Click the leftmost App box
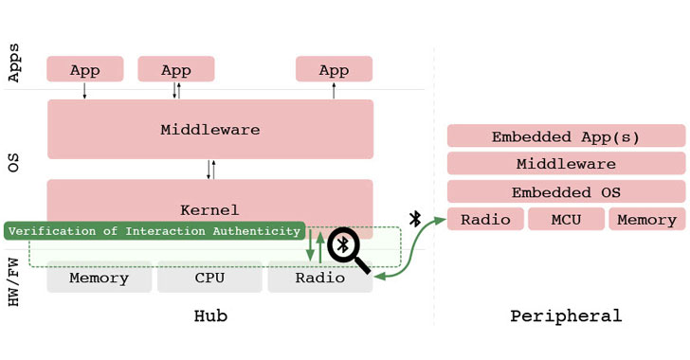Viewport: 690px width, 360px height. [x=84, y=69]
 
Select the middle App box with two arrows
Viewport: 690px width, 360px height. [x=175, y=69]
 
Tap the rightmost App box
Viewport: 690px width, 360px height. [x=334, y=69]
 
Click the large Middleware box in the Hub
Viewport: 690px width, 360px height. [x=209, y=129]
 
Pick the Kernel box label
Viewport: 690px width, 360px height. [x=209, y=209]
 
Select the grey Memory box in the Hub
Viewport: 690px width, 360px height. [x=99, y=278]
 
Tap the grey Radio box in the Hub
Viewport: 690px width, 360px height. [x=319, y=278]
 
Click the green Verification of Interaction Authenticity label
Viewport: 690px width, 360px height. [x=154, y=231]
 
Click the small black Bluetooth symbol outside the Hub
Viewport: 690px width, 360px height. [x=414, y=219]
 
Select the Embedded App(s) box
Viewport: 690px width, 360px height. [x=565, y=136]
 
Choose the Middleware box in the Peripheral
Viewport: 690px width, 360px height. [x=565, y=164]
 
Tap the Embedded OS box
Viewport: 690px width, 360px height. [x=565, y=191]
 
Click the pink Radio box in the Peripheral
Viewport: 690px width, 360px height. [x=484, y=220]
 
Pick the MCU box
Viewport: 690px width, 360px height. [x=565, y=220]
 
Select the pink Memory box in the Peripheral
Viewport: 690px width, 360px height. [x=646, y=220]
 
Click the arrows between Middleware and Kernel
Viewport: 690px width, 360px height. [x=210, y=170]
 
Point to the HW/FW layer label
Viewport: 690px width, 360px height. [x=14, y=275]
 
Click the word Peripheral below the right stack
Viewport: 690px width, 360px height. [x=565, y=316]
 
